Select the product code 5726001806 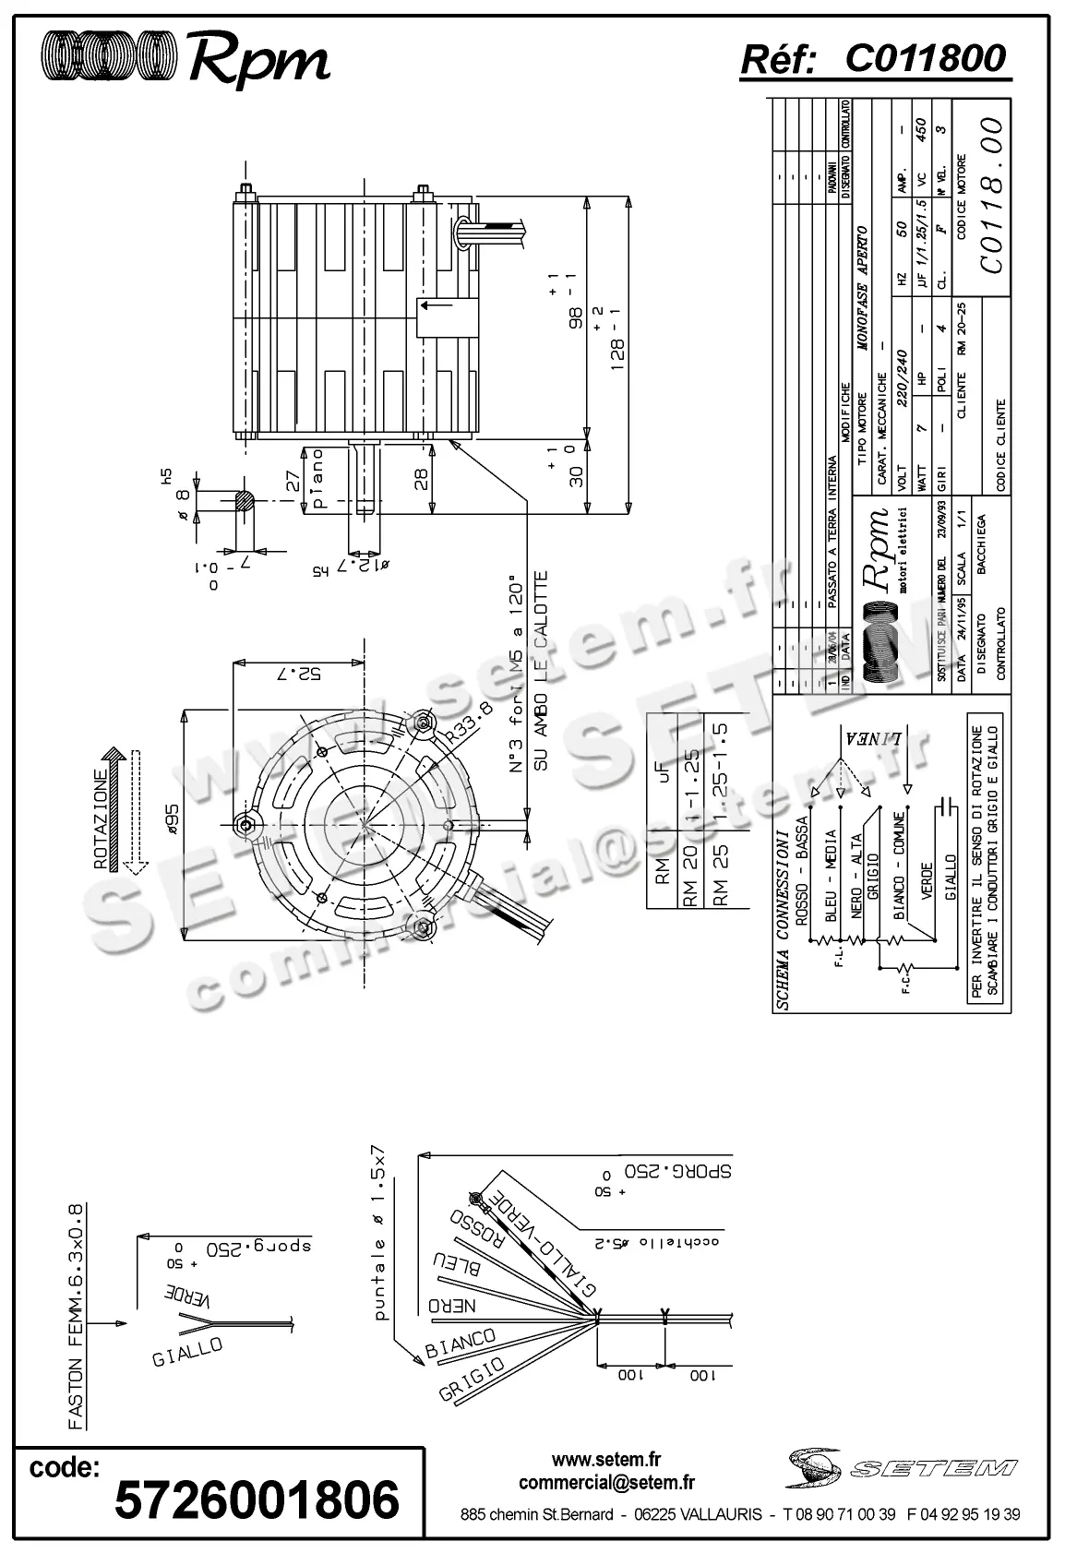click(257, 1499)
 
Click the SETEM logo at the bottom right click(902, 1467)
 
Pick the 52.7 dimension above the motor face click(298, 674)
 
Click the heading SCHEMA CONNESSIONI click(781, 917)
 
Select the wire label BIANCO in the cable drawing click(461, 1344)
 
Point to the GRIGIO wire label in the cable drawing click(472, 1380)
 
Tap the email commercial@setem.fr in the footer click(606, 1483)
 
